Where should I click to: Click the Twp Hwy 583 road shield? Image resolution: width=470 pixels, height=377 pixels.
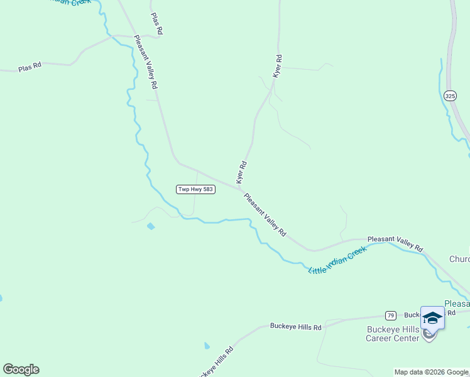tap(196, 189)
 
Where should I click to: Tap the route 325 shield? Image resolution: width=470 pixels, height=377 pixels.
tap(449, 96)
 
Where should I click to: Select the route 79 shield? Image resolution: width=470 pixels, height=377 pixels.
tap(391, 315)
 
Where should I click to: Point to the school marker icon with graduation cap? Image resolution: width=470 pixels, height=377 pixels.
tap(432, 318)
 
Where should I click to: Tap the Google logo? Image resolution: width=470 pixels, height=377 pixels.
tap(21, 369)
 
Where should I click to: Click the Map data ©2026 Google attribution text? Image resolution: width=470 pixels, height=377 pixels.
tap(431, 372)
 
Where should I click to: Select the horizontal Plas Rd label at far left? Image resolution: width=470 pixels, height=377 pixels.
tap(30, 66)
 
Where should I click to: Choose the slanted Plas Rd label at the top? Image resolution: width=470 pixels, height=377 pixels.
tap(157, 23)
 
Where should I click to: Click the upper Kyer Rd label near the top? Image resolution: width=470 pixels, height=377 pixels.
tap(277, 66)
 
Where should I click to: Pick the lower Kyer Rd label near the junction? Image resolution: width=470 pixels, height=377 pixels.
tap(241, 172)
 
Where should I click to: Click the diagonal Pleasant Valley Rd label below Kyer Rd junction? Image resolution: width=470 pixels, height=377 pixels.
tap(265, 214)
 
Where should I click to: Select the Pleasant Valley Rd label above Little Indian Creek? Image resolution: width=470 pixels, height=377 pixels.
tap(395, 243)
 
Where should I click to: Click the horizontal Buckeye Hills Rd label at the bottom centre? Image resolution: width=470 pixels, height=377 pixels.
tap(295, 327)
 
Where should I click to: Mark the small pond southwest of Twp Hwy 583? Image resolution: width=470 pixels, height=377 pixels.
tap(150, 226)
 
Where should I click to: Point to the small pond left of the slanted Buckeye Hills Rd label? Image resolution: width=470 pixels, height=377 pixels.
tap(207, 346)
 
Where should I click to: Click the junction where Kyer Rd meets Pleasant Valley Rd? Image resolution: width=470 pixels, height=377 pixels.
tap(240, 187)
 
